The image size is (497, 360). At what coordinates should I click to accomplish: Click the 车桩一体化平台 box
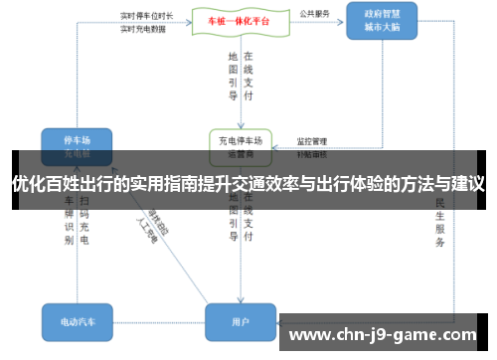point(232,21)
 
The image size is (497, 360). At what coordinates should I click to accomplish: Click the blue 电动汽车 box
point(77,321)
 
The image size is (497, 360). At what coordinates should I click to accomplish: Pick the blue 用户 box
point(240,321)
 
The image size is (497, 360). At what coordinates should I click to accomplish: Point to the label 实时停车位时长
point(146,16)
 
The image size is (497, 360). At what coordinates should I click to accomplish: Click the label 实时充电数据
point(142,29)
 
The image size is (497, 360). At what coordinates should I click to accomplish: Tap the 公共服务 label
point(313,15)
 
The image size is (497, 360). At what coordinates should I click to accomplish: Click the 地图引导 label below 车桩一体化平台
point(232,77)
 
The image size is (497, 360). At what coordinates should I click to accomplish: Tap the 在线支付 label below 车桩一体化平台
point(248,77)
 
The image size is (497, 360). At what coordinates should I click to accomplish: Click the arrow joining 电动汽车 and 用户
point(159,321)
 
